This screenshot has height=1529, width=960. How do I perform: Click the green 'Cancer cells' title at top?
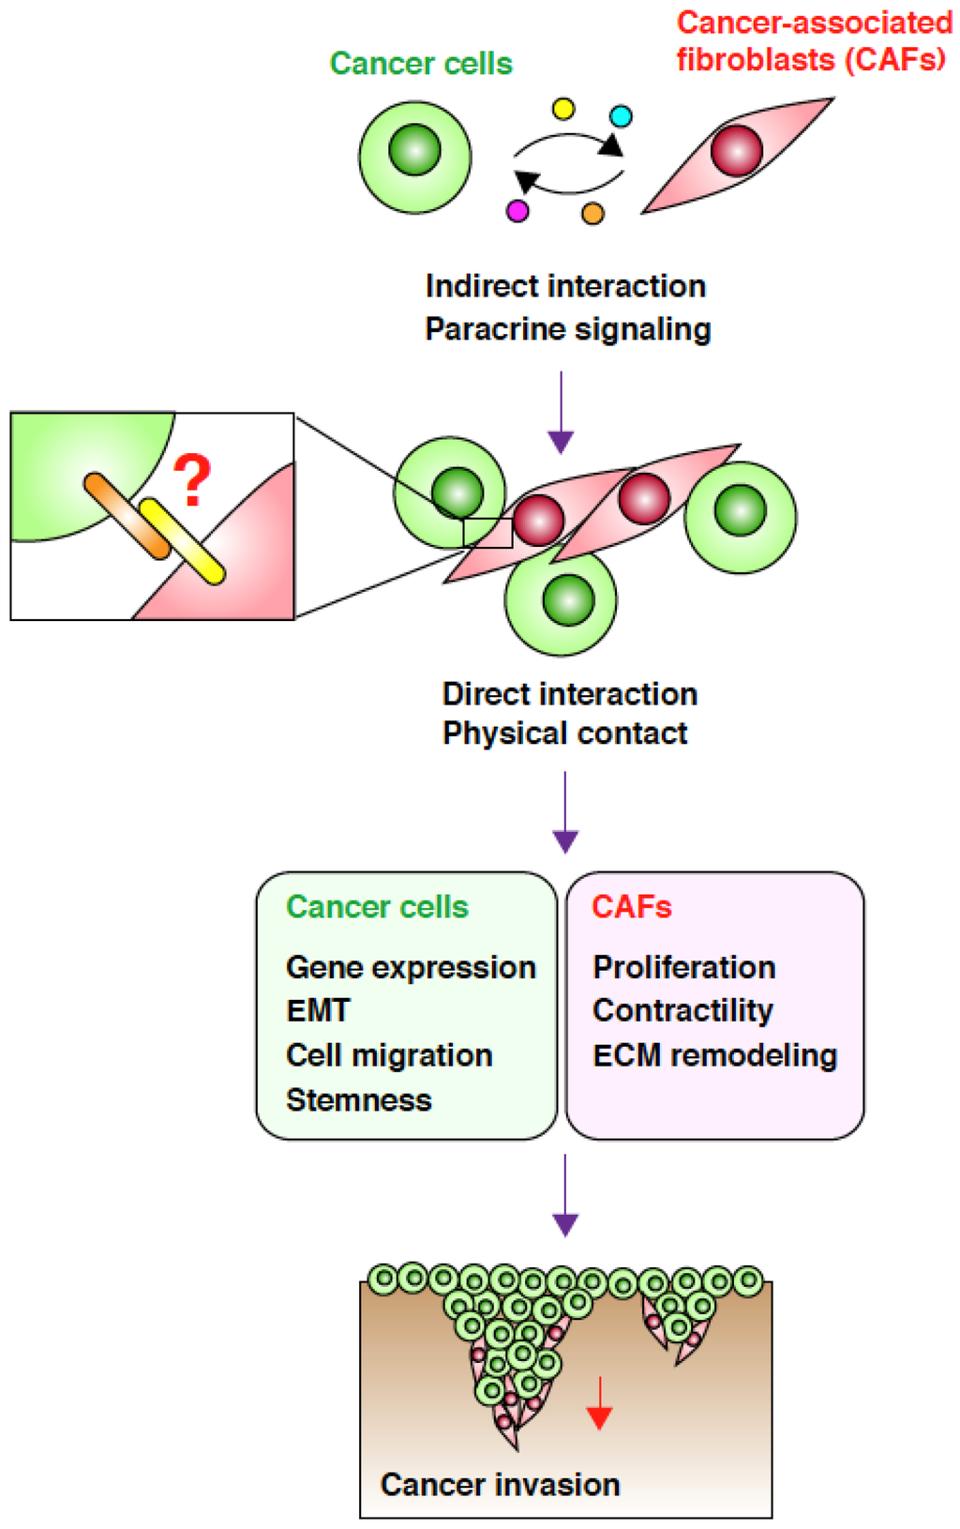click(421, 64)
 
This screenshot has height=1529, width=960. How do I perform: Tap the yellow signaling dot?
click(563, 109)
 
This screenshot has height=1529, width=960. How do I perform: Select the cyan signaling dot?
click(621, 116)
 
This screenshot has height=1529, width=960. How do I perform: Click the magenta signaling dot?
click(517, 211)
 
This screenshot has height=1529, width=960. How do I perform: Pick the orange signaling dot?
click(592, 214)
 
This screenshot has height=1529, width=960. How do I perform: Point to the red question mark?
click(192, 481)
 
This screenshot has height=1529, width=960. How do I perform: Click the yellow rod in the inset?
click(182, 541)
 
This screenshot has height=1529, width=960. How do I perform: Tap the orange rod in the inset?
click(127, 516)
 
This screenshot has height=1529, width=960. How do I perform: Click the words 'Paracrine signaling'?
click(567, 329)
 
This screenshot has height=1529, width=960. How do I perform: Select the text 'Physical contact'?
click(564, 733)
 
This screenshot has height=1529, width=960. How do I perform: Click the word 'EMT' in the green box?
click(318, 1010)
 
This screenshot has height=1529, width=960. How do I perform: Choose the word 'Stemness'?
click(358, 1099)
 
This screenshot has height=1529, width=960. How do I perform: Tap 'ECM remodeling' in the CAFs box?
click(714, 1055)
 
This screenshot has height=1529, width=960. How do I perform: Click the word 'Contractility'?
click(682, 1010)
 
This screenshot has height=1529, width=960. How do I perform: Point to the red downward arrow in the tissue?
click(599, 1404)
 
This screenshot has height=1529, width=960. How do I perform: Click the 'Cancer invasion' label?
click(500, 1484)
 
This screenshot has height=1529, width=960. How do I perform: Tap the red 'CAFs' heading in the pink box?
click(631, 907)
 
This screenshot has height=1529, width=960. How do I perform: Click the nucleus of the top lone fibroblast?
click(737, 150)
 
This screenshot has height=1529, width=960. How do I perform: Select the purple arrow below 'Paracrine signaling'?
click(561, 413)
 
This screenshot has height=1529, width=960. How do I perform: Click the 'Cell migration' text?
click(389, 1055)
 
